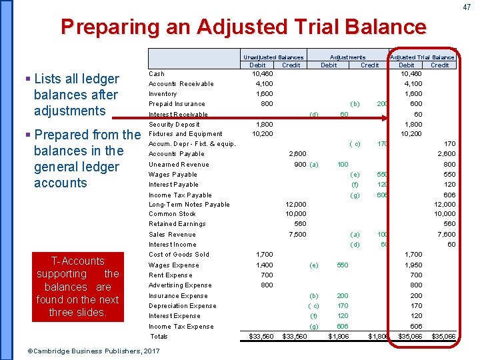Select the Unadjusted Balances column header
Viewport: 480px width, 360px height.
click(273, 57)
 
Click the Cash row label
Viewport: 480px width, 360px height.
click(156, 74)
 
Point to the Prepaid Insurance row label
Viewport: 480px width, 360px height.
click(177, 104)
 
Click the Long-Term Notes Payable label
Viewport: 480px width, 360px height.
click(189, 205)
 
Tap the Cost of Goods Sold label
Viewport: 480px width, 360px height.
click(179, 255)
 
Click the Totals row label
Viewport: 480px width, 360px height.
click(159, 337)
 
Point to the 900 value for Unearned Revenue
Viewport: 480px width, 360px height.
click(299, 165)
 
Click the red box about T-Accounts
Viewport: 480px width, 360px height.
click(78, 287)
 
